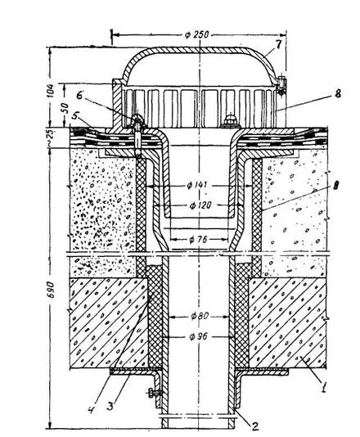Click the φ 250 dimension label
coord(196,34)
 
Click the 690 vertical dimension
coord(52,294)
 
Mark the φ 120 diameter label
coord(200,205)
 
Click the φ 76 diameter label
coord(198,240)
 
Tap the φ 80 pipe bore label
coord(200,316)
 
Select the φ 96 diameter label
coord(198,336)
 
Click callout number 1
coord(323,387)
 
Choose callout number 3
coord(110,407)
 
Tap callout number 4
coord(92,409)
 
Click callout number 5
coord(74,115)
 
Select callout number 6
coord(79,95)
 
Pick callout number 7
coord(280,44)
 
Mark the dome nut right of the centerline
coord(230,120)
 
